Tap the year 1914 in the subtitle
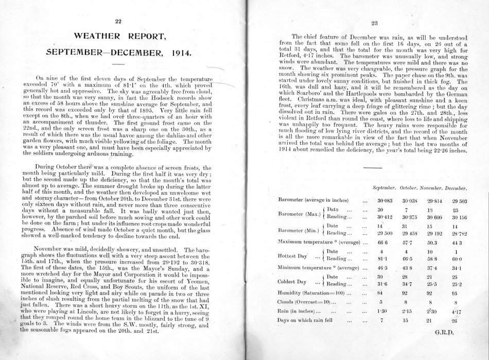pyautogui.click(x=179, y=53)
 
